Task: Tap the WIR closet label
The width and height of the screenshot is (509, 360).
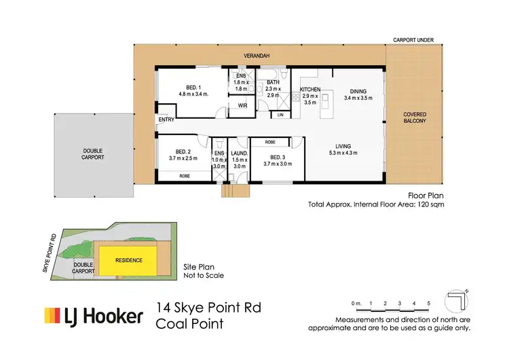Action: coord(242,105)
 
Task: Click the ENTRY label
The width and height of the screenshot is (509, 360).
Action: coord(166,120)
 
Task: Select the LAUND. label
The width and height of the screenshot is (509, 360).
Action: coord(238,154)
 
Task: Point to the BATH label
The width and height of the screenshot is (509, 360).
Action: coord(273,83)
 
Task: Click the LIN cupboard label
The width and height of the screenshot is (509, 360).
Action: coord(280,115)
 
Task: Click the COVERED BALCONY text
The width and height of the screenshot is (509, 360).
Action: coord(414,118)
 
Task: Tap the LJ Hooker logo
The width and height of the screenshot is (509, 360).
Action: coord(94,316)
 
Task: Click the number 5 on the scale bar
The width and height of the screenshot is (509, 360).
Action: coord(429,302)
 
